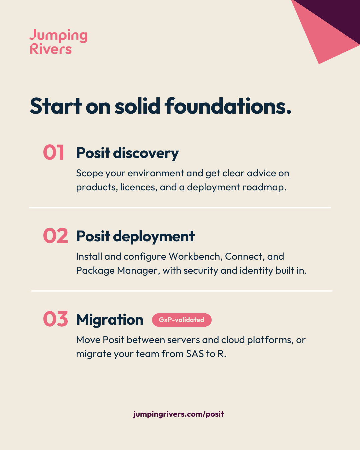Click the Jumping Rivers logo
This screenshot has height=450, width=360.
point(59,41)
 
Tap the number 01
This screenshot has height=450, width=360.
point(54,152)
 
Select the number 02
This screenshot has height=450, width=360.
point(55,235)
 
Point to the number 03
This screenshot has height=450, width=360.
point(55,319)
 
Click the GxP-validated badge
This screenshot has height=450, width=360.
point(182,320)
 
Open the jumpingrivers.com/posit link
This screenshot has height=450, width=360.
point(178,414)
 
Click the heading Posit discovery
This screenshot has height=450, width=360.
point(127,153)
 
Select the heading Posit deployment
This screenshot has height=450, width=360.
point(135,237)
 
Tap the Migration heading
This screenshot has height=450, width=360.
point(110,320)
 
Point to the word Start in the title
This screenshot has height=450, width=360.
point(55,106)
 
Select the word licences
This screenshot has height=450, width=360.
point(138,187)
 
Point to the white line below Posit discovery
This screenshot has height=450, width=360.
point(180,208)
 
